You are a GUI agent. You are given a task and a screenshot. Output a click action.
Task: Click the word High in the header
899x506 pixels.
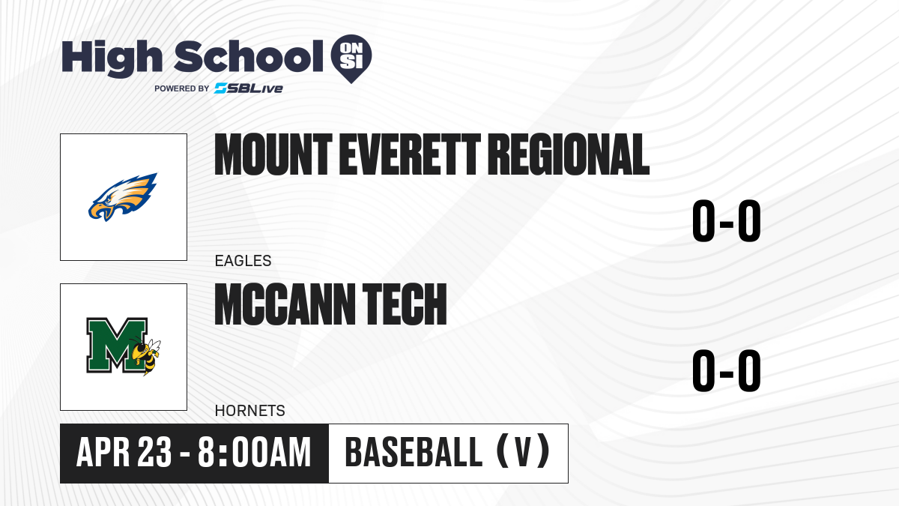click(x=112, y=58)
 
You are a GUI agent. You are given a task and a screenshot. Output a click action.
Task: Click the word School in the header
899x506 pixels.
click(x=249, y=55)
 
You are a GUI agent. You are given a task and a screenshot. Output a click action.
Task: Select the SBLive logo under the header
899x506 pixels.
click(x=249, y=88)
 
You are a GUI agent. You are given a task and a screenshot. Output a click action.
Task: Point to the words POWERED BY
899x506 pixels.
click(x=182, y=88)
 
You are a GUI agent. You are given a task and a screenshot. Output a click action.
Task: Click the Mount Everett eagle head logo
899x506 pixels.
click(x=123, y=196)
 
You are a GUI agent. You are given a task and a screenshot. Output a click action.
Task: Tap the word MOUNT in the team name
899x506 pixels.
click(x=273, y=154)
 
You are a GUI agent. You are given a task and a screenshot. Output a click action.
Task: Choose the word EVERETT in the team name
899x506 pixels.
click(x=410, y=154)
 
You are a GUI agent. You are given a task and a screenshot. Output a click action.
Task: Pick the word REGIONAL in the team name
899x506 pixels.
click(x=569, y=154)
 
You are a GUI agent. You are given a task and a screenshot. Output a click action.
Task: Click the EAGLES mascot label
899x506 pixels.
click(x=243, y=261)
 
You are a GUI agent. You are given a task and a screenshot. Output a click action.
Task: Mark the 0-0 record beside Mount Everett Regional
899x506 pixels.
click(x=727, y=221)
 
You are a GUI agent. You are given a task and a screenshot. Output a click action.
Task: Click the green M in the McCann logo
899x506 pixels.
click(x=117, y=346)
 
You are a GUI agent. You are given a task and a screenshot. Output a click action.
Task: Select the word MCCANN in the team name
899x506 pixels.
click(x=285, y=304)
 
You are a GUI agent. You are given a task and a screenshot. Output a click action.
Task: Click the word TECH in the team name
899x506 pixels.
click(x=405, y=304)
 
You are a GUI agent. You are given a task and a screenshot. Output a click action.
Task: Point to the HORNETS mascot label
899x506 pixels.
click(x=250, y=411)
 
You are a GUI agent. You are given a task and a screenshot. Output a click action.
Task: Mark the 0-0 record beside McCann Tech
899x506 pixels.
click(x=727, y=370)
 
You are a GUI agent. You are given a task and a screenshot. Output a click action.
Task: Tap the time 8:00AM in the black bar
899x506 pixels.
click(x=255, y=453)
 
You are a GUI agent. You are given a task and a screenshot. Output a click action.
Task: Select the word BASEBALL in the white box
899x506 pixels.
click(x=414, y=453)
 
